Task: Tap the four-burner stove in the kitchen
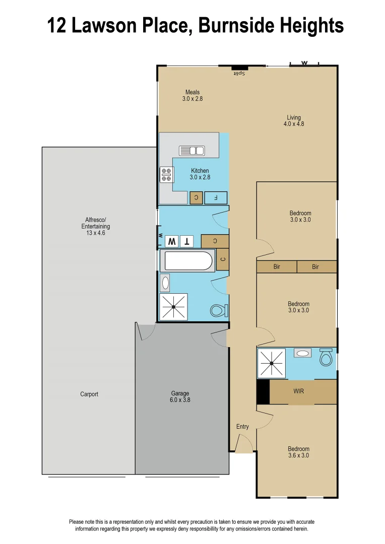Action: coord(167,175)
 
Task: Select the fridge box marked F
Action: coord(216,197)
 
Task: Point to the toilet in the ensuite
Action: coord(326,358)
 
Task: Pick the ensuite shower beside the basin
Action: coord(272,363)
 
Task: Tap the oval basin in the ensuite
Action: coord(303,354)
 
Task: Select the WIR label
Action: coord(299,391)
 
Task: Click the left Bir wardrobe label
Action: coord(277,267)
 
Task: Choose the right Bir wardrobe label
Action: coord(315,267)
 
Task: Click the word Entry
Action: coord(242,427)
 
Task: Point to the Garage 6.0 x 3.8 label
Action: coord(180,397)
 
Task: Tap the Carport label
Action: coord(89,394)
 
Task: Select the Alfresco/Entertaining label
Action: coord(96,227)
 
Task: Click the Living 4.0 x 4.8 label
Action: coord(294,120)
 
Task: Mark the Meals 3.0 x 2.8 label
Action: coord(192,96)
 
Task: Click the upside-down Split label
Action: coord(238,74)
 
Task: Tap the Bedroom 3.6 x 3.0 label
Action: coord(298,452)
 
